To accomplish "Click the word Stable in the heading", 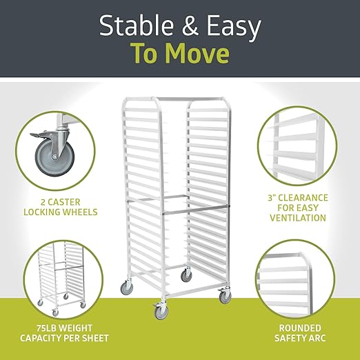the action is point(136,26).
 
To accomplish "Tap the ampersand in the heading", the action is point(190,26).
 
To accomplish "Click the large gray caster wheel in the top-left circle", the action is point(54,157).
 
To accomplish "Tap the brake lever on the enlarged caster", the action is point(38,135).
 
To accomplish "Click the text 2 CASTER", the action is point(61,202).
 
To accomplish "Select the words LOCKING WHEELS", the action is point(61,212).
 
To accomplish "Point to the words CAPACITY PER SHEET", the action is point(64,338).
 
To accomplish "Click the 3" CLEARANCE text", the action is point(298,198).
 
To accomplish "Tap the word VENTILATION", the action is point(298,218).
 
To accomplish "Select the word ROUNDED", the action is point(300,328).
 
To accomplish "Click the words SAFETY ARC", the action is point(300,338).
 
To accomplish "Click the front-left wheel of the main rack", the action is point(161,311).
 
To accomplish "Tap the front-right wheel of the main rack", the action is point(225,296).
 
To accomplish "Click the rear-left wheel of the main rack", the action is point(127,287).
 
